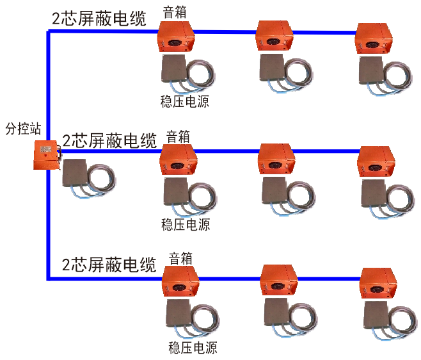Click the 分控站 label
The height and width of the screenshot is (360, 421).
pyautogui.click(x=22, y=128)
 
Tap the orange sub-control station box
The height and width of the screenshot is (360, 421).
pyautogui.click(x=46, y=156)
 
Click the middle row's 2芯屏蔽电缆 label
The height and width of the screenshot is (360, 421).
pyautogui.click(x=109, y=140)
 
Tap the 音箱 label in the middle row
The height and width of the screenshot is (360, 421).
pyautogui.click(x=178, y=136)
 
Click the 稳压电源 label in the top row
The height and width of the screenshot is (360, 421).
pyautogui.click(x=184, y=101)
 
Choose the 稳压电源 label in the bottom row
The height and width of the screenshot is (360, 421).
pyautogui.click(x=193, y=348)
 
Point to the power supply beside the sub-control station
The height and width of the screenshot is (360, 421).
pyautogui.click(x=78, y=173)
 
